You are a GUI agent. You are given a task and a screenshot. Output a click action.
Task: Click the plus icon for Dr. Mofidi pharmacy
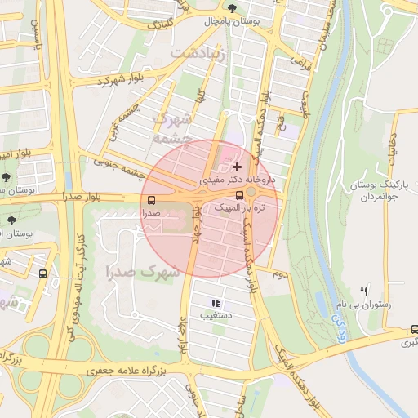pos(237,167)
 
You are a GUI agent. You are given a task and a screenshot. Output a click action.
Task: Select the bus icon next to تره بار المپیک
pos(239,195)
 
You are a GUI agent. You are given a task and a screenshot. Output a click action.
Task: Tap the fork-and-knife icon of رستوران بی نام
pos(364,291)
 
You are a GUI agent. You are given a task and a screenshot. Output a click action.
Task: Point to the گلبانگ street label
pos(159,24)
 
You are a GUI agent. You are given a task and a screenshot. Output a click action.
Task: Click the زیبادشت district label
pos(195,52)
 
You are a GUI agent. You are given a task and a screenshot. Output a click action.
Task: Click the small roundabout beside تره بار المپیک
pos(251,192)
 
